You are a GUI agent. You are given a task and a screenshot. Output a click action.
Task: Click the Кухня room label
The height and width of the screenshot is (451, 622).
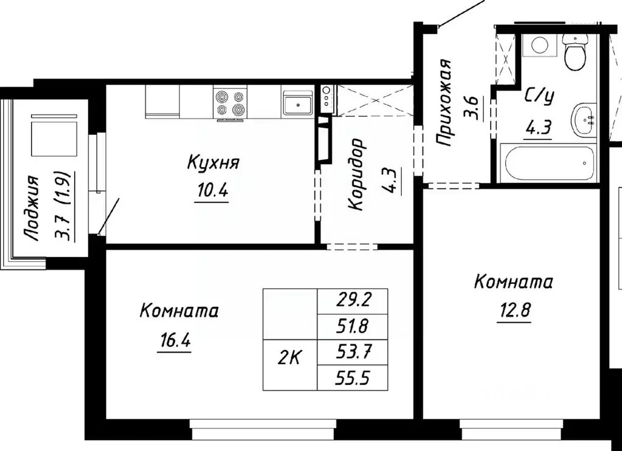(x=213, y=163)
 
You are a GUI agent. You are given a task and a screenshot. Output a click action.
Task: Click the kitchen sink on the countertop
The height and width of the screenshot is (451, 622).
(x=297, y=102)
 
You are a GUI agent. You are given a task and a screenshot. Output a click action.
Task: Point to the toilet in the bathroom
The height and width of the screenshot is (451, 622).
(x=574, y=52)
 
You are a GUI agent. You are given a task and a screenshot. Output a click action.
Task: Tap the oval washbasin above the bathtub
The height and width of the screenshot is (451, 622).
(x=584, y=120)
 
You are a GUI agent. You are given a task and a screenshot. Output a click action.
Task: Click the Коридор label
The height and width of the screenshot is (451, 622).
(x=357, y=174)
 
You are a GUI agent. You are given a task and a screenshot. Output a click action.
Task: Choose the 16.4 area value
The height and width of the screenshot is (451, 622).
(x=173, y=340)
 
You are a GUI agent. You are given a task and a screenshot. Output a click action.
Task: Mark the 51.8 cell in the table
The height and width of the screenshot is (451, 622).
(x=353, y=326)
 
